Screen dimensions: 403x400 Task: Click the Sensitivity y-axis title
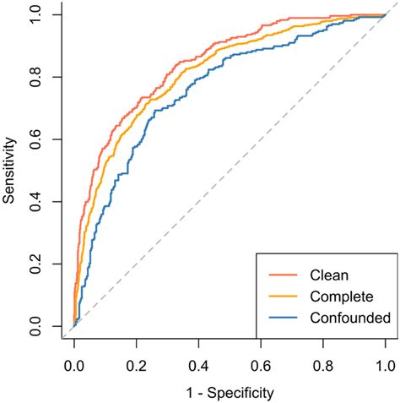coord(11,171)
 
